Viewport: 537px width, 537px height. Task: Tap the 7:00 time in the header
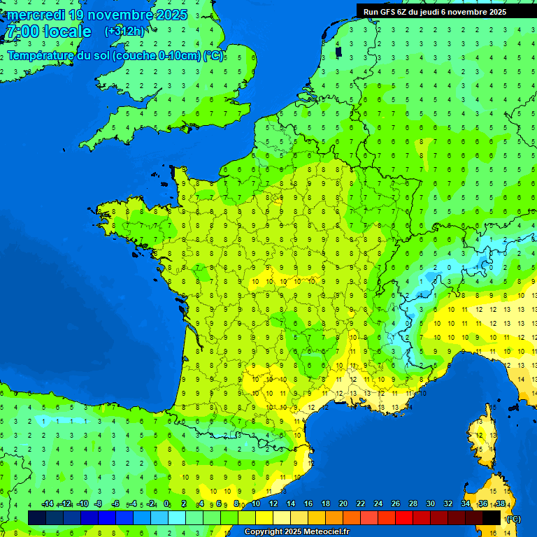point(21,31)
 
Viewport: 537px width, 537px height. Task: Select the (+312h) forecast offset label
point(124,31)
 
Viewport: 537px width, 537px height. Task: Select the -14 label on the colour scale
point(48,504)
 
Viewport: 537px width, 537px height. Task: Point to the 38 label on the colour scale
point(501,504)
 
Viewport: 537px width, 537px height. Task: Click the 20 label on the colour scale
point(343,504)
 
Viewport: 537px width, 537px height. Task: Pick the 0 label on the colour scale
point(166,504)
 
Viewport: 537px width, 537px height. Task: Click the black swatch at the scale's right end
point(492,517)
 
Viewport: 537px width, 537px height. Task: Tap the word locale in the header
point(68,31)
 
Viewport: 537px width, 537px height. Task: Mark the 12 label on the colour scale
point(273,504)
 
